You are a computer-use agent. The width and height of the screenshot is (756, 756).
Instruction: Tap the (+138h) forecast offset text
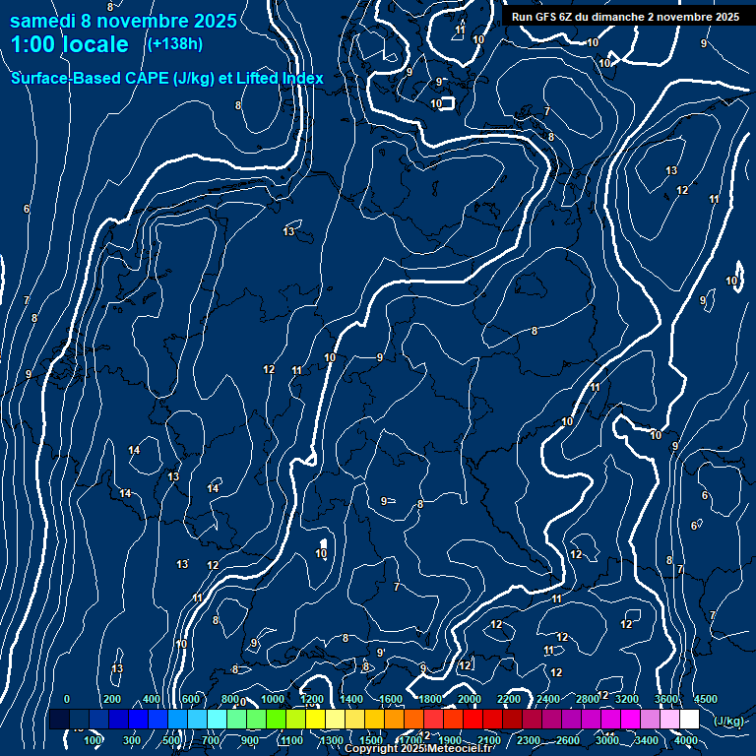(x=174, y=43)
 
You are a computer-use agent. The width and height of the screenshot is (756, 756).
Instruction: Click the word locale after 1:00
(x=93, y=44)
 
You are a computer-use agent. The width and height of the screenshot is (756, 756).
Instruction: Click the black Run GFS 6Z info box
(x=625, y=17)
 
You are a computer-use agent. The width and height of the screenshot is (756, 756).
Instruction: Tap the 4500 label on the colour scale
(x=705, y=699)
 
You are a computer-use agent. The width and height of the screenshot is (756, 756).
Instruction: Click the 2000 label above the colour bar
(x=470, y=699)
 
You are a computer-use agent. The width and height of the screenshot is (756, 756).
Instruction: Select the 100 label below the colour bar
(x=94, y=740)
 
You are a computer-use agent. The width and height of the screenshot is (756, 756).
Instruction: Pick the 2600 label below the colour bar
(x=568, y=740)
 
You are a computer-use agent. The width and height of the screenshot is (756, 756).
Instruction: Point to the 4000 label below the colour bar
(x=685, y=740)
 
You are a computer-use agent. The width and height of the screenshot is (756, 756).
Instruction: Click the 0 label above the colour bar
(x=67, y=699)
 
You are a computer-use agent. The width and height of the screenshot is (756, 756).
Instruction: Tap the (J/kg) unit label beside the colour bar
(x=728, y=721)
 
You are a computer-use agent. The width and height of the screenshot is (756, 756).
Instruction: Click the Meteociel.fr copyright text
(x=418, y=749)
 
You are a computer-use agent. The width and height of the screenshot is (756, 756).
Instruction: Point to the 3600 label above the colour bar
(x=666, y=699)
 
